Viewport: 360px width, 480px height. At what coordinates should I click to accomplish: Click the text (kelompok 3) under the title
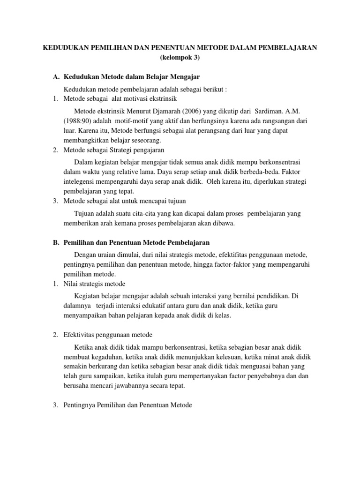point(180,58)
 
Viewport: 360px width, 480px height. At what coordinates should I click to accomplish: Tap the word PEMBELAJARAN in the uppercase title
point(285,47)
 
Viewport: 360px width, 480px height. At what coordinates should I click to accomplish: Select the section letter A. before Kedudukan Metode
point(56,77)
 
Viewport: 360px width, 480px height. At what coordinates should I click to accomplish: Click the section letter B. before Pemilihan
point(56,242)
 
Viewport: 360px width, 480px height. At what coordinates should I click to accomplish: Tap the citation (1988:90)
point(80,120)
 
